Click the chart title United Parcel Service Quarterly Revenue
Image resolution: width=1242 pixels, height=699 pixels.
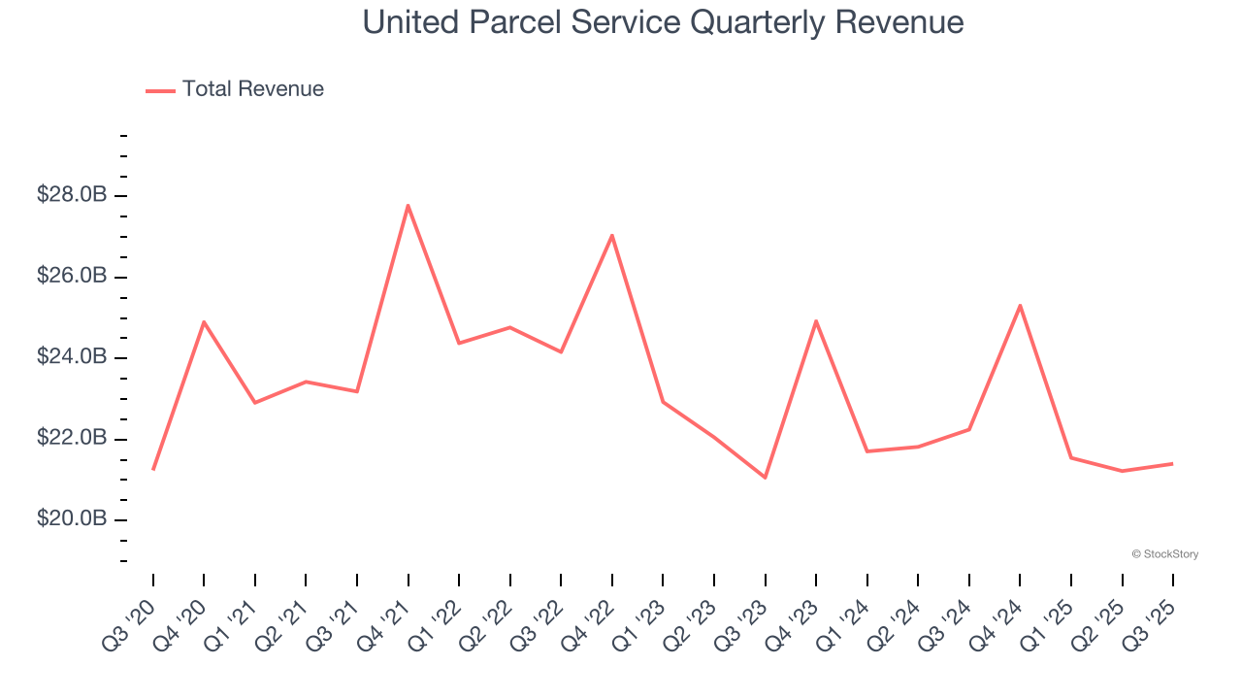point(664,22)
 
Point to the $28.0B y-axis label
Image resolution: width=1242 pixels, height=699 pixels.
point(72,195)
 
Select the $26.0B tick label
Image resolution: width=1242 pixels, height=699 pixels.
point(72,277)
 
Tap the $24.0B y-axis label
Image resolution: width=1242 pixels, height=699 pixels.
point(72,357)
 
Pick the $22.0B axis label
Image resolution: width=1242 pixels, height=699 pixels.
point(72,439)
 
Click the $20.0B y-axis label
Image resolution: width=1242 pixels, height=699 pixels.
point(72,519)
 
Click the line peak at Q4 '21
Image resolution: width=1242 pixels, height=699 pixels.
point(409,205)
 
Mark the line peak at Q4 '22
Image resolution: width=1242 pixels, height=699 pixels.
point(612,235)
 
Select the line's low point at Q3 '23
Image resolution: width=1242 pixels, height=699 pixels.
point(765,478)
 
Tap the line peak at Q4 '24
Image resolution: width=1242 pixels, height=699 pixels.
point(1020,305)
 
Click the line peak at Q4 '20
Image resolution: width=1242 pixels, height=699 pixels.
point(204,321)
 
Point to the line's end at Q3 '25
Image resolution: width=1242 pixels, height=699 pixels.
point(1172,463)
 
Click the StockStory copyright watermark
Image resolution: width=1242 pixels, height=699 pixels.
point(1164,554)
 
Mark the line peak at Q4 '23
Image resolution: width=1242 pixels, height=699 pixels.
point(816,320)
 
